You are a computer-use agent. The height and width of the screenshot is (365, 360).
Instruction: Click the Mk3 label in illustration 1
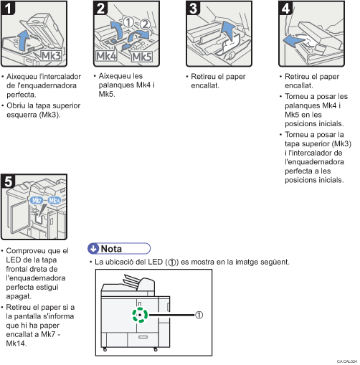pos(52,54)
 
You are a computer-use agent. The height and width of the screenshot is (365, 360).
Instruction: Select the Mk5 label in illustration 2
pos(141,55)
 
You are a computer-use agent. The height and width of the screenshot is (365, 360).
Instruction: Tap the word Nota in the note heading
pos(111,248)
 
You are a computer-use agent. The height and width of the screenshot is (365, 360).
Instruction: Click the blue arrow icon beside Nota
pos(93,248)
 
